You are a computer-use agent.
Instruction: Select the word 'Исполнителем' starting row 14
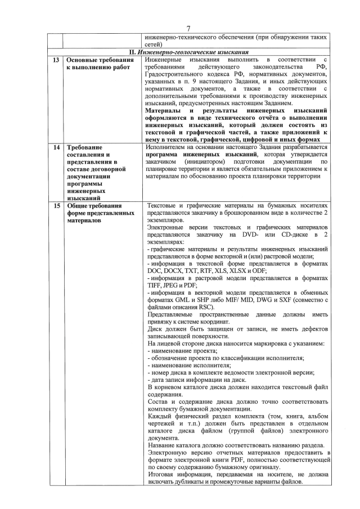pyautogui.click(x=166, y=147)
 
